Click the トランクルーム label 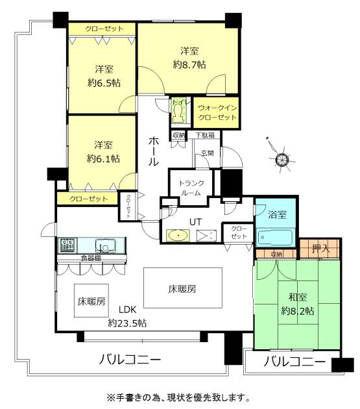tap(191, 188)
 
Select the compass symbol tap(281, 158)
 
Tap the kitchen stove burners tap(68, 245)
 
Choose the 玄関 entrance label tap(206, 153)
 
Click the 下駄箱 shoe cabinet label tap(206, 135)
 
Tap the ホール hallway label tap(154, 151)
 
